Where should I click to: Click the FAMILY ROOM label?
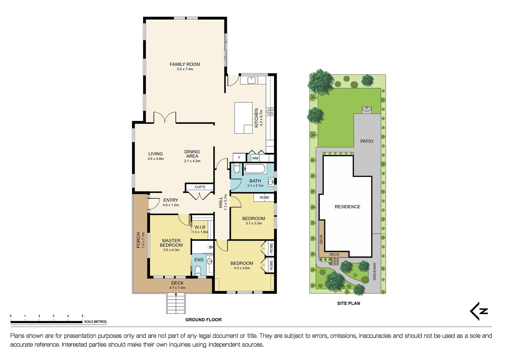coord(185,64)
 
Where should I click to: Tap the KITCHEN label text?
coord(256,118)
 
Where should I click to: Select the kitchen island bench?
coord(243,118)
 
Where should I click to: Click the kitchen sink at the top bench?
coord(252,80)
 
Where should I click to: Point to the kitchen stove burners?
coord(271,111)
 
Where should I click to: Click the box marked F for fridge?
coord(239,158)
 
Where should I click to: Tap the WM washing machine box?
coord(255,158)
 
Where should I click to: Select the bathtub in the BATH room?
coord(255,169)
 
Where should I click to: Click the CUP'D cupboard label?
coord(200,187)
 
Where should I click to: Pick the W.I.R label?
coord(200,227)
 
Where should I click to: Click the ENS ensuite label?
coord(199,260)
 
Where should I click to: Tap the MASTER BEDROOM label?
coord(171,243)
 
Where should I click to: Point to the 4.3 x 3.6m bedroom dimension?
coord(242,268)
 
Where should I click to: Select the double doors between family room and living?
coord(165,118)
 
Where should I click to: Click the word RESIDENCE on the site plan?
coord(347,207)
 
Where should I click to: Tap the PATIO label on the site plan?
coord(366,141)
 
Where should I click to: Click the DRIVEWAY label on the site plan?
coord(374,271)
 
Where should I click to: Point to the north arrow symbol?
coord(479,311)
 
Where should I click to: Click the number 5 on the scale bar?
coord(82,316)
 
